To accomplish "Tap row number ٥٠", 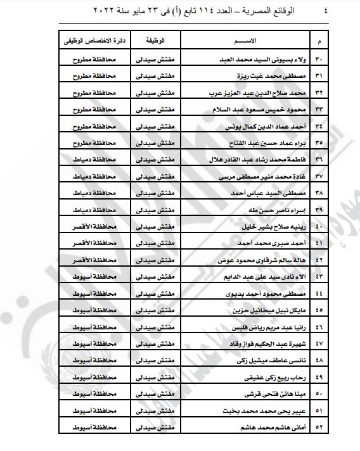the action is pyautogui.click(x=318, y=393).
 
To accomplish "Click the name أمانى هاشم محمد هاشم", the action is pyautogui.click(x=276, y=427).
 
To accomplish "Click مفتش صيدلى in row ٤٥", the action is pyautogui.click(x=155, y=310).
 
